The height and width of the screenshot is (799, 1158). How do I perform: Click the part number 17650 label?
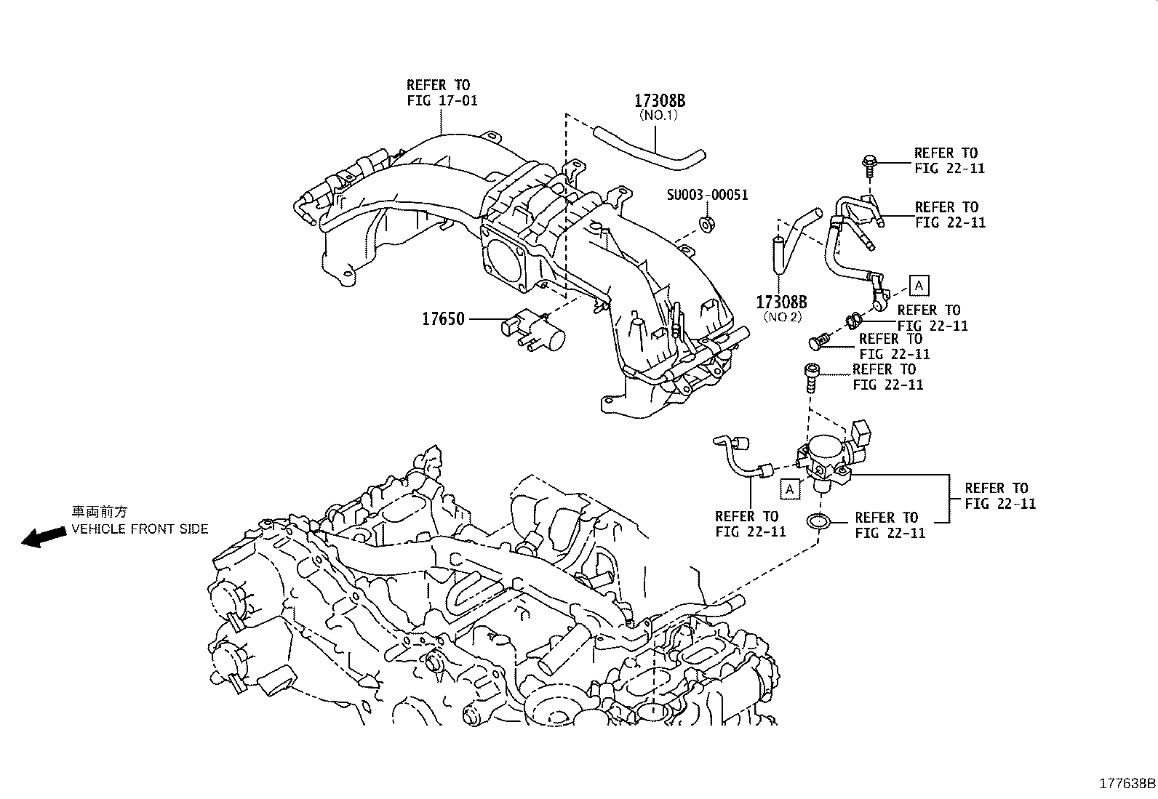(443, 318)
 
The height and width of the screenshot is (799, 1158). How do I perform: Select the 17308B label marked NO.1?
(660, 101)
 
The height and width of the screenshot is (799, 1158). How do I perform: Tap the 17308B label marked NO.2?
(781, 302)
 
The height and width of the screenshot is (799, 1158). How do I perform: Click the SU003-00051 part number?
(708, 195)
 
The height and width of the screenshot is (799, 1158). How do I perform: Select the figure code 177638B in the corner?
(1126, 783)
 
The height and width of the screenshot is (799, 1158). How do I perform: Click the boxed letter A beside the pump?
(789, 489)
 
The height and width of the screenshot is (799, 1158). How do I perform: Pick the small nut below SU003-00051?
(706, 223)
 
